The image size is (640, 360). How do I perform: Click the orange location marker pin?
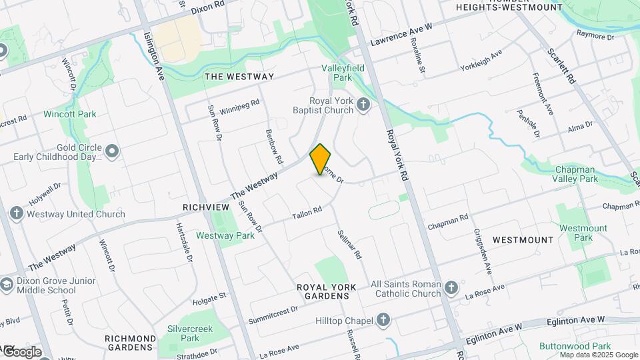click(321, 159)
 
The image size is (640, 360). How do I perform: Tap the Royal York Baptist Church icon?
click(363, 105)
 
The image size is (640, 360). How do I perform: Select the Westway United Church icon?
click(17, 214)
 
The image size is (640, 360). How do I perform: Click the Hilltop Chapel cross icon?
click(383, 321)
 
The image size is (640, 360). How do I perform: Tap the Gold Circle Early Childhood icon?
click(111, 152)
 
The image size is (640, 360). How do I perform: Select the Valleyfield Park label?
click(337, 73)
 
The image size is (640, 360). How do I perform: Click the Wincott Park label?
click(70, 114)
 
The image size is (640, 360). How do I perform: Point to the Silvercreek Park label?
click(183, 333)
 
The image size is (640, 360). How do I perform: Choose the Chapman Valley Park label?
click(575, 174)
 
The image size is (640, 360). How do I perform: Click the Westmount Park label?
click(583, 233)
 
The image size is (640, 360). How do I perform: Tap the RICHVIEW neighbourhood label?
click(206, 208)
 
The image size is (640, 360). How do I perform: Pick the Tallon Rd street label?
click(307, 213)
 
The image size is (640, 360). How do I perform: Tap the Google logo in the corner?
click(21, 351)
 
